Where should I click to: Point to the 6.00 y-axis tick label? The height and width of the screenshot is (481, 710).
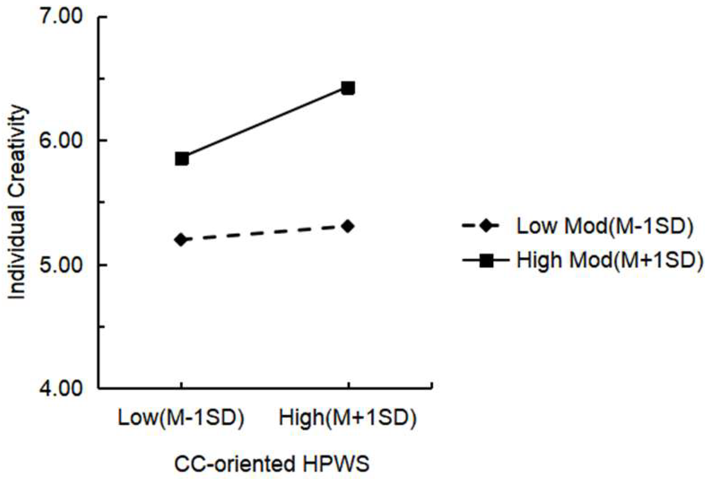point(61,141)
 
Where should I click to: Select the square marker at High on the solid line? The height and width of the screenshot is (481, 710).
point(348,88)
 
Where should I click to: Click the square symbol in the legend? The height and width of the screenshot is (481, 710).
point(486,261)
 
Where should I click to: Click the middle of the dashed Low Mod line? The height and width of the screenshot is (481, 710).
point(265,233)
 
